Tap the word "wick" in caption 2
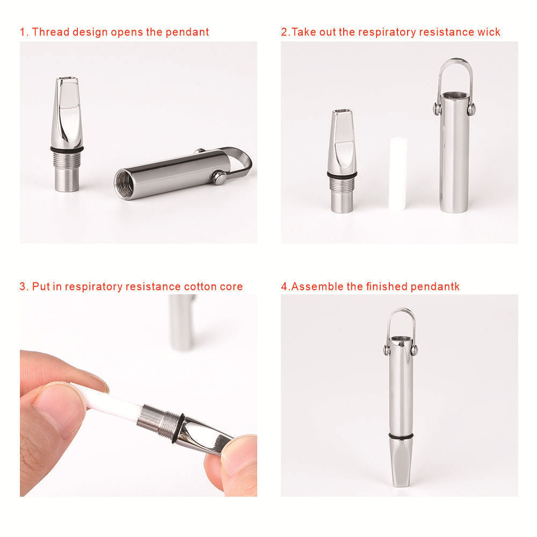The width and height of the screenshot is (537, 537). point(489,32)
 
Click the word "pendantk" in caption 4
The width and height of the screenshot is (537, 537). point(435,286)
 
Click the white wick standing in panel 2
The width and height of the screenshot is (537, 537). point(398,172)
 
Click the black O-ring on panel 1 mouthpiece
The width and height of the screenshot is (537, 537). point(67,149)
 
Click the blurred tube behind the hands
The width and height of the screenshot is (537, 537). point(182,322)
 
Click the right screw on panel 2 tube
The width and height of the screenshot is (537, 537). point(471,109)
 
